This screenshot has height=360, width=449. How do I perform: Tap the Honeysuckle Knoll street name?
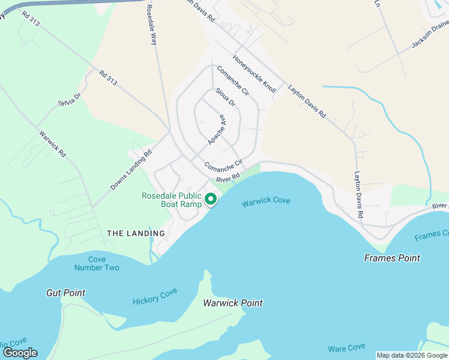tap(255, 74)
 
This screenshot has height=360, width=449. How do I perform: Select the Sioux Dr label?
tap(225, 97)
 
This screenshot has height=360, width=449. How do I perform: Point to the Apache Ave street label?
tap(216, 130)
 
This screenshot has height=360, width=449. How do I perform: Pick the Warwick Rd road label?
tap(52, 144)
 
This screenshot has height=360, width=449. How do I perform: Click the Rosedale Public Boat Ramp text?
tap(172, 200)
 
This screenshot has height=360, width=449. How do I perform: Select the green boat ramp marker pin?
tap(211, 199)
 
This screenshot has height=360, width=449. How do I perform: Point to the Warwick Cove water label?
tap(266, 202)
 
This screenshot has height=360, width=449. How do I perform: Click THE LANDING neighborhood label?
tap(136, 233)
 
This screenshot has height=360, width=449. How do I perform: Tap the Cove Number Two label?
tap(97, 263)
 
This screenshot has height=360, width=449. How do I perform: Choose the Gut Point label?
tap(65, 293)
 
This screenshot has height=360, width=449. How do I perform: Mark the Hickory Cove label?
tap(155, 296)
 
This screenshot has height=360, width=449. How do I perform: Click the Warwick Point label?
tap(233, 303)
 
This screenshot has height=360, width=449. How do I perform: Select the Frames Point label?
tap(392, 258)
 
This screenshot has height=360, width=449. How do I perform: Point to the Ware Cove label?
tap(346, 348)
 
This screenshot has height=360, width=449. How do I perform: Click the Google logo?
tap(19, 353)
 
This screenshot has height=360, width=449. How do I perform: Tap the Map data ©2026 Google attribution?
tap(412, 355)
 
